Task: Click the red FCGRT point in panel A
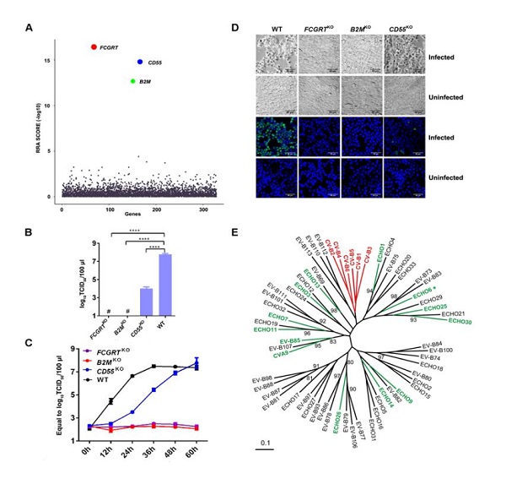(x=93, y=46)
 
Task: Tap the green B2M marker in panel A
(x=132, y=81)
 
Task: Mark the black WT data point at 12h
(x=110, y=401)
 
